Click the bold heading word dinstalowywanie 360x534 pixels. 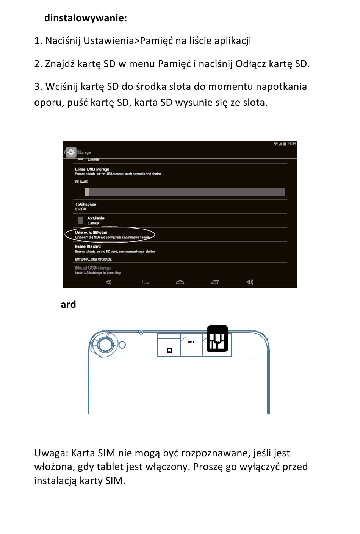(x=85, y=18)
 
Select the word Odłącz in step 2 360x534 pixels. (x=250, y=64)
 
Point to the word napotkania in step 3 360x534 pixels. (x=281, y=87)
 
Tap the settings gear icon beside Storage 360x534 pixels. (x=70, y=152)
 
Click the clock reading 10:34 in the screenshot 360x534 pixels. (x=291, y=144)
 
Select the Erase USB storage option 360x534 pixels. (x=92, y=169)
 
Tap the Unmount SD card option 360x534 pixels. (x=91, y=233)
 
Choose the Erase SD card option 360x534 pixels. (x=88, y=247)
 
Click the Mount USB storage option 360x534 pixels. (x=93, y=268)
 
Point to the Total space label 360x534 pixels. (x=86, y=204)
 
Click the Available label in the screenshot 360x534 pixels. (x=95, y=218)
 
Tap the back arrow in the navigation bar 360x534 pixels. (x=145, y=282)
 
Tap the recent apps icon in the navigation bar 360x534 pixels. (x=215, y=282)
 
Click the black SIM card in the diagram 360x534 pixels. (x=217, y=338)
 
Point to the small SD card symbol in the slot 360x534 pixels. (x=169, y=351)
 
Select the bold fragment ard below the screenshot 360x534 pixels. (x=68, y=304)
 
